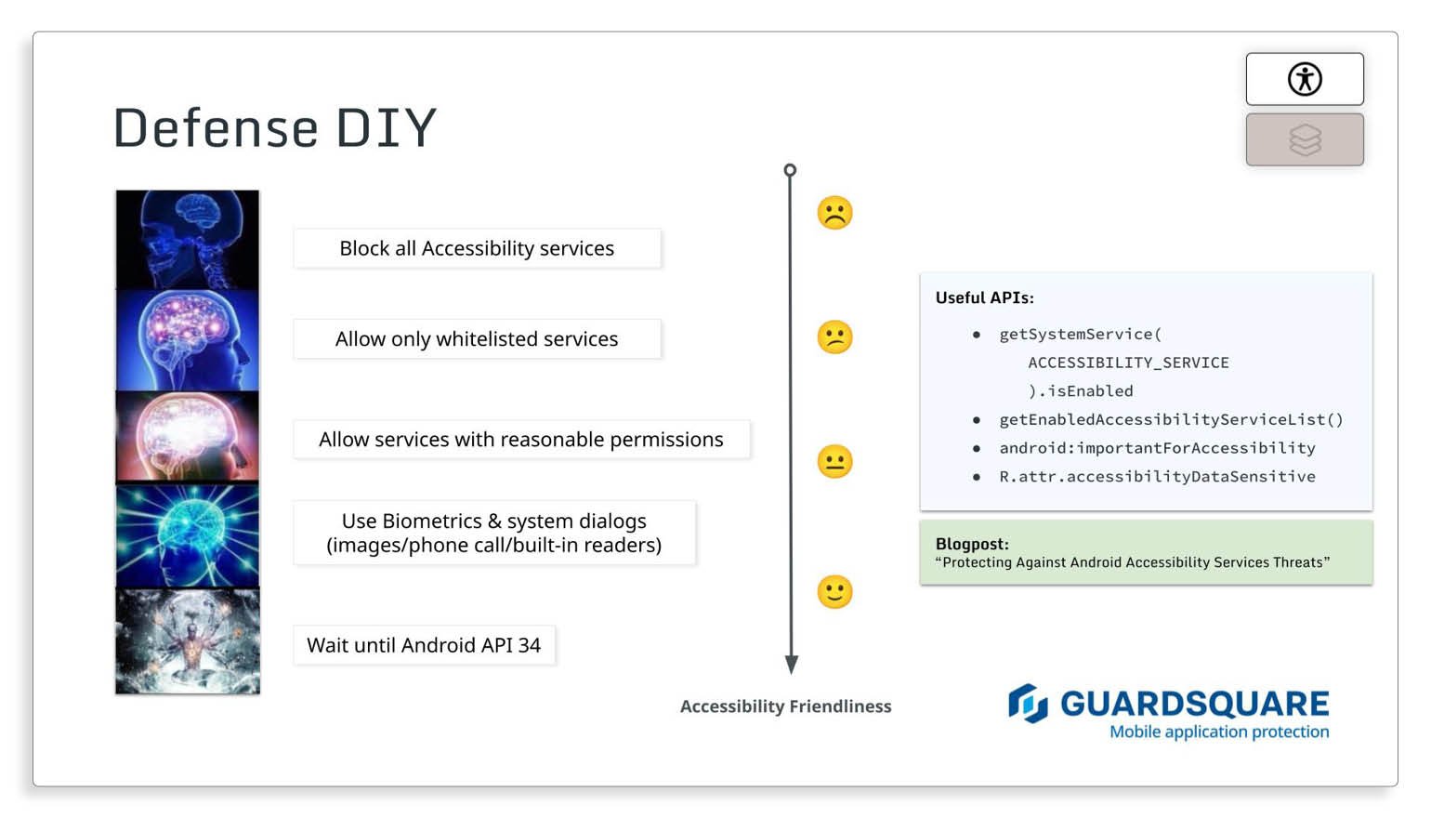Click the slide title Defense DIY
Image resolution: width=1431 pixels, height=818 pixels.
[274, 127]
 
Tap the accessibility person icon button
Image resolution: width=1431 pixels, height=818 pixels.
[1304, 79]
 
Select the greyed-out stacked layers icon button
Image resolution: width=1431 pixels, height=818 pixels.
[1304, 139]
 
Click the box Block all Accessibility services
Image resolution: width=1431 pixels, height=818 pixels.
[477, 248]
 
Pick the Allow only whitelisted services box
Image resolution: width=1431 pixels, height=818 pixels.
[477, 339]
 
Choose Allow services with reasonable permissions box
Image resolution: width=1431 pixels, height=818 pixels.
[520, 440]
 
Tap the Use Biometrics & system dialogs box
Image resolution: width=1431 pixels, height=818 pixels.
[493, 533]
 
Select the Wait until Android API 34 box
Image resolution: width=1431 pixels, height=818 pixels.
[424, 645]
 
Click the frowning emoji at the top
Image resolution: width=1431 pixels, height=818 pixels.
[834, 213]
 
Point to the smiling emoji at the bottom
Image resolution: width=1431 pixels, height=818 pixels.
[834, 591]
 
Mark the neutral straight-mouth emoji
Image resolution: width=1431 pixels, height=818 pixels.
[834, 461]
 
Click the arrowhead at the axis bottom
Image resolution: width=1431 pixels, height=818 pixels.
[791, 664]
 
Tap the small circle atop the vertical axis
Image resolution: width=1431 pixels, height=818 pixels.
[790, 170]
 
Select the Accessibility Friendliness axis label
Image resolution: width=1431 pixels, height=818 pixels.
[785, 706]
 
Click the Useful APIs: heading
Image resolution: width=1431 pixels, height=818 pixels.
[984, 297]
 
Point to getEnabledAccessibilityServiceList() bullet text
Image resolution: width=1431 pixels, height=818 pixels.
[1171, 419]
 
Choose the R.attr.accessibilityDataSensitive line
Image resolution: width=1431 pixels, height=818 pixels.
[1157, 476]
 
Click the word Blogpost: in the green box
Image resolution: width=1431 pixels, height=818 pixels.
[972, 544]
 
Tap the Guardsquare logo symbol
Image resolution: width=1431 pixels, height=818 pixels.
[1028, 704]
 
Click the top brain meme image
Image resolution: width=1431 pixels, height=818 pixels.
[188, 239]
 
